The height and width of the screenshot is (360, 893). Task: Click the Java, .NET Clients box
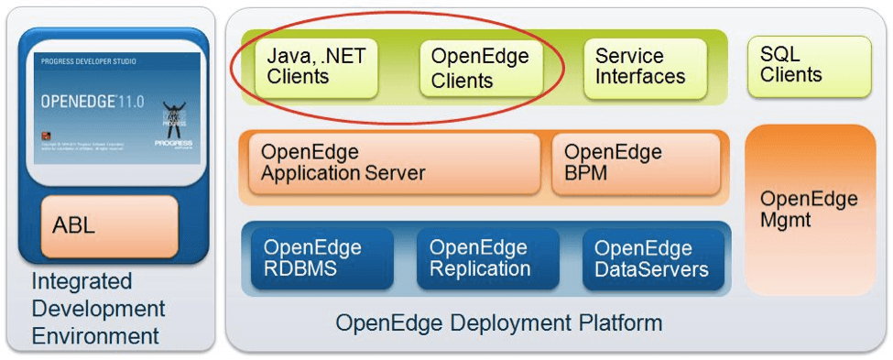point(316,67)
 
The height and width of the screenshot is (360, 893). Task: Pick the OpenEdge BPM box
point(635,163)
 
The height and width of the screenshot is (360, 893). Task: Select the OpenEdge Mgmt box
point(809,209)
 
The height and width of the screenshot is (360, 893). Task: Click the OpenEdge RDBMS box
point(316,258)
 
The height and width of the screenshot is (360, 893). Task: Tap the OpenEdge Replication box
point(480,258)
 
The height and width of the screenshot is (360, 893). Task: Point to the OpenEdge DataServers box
point(651,258)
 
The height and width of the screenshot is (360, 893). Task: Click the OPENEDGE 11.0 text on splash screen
point(91,102)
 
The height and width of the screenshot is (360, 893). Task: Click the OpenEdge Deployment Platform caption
point(498,323)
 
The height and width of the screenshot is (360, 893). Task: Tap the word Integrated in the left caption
point(82,281)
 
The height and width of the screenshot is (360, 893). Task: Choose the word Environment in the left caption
point(95,336)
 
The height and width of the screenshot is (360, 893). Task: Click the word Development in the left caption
point(98,309)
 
